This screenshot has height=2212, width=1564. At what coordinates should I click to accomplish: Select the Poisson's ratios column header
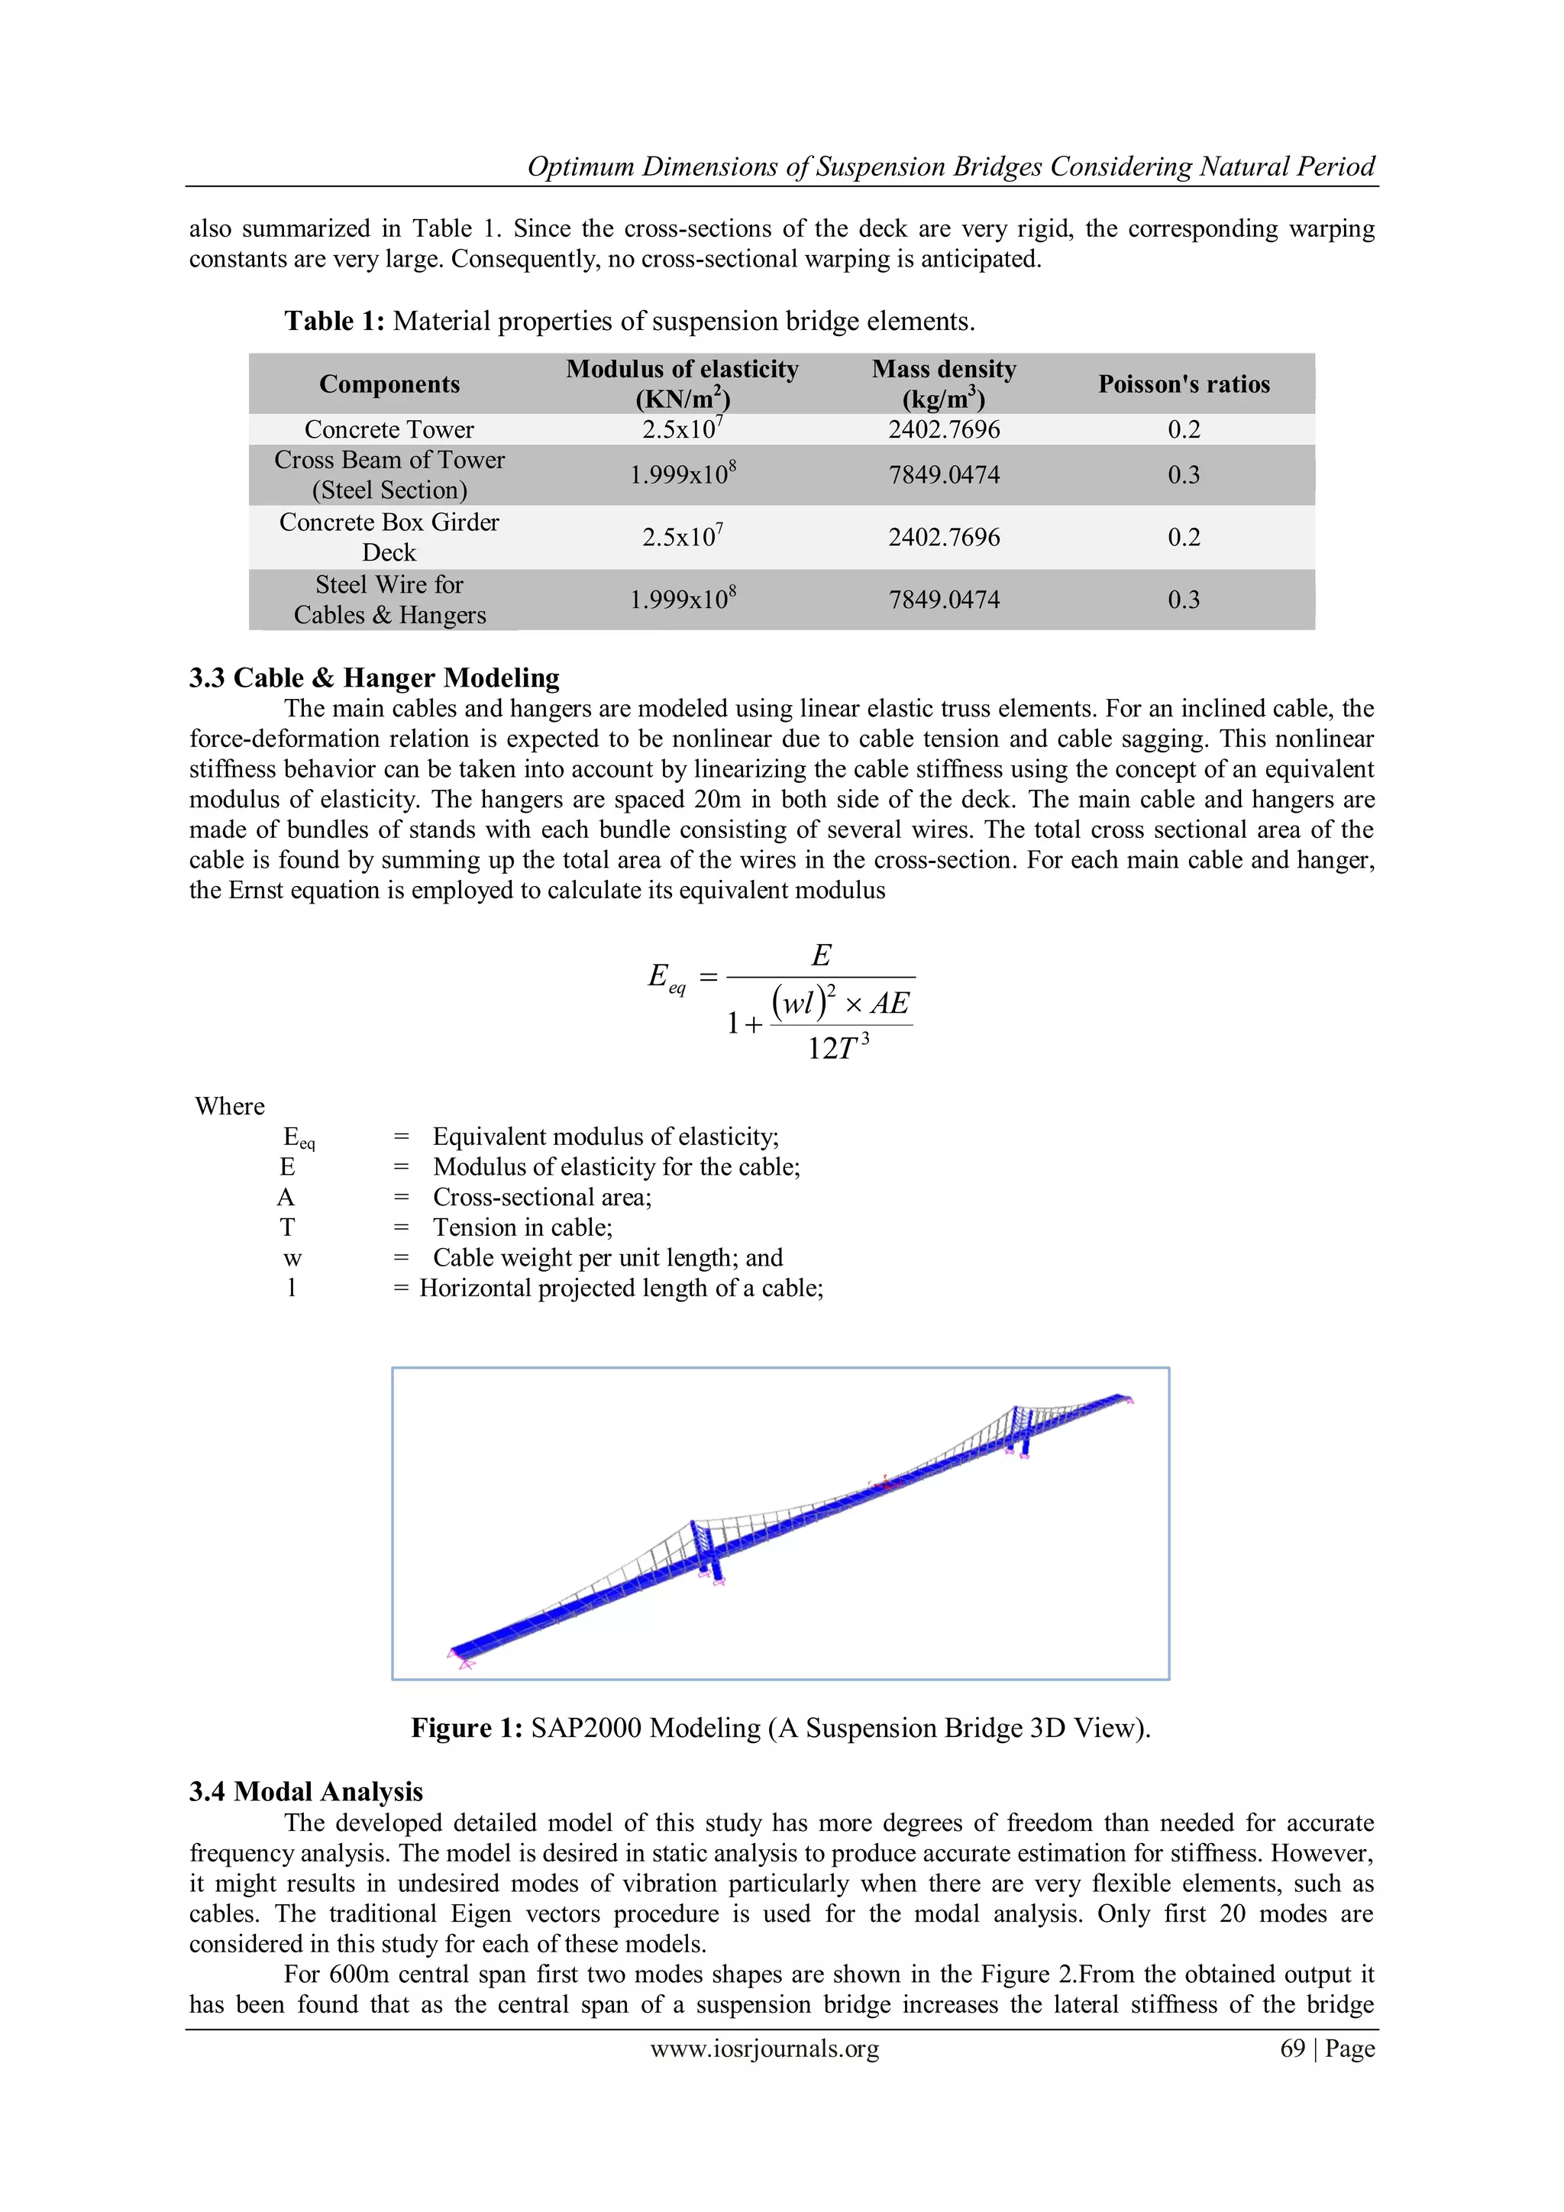(1184, 384)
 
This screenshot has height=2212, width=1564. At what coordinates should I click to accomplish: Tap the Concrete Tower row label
(389, 430)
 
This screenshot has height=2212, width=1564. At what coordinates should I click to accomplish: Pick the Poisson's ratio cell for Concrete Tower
(1184, 430)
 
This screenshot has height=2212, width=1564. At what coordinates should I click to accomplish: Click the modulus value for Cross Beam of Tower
(683, 474)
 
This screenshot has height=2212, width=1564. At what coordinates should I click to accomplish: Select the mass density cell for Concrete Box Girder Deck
(944, 537)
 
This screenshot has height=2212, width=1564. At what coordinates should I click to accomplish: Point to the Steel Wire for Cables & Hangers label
(389, 600)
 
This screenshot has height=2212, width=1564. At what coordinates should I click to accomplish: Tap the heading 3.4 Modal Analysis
(305, 1791)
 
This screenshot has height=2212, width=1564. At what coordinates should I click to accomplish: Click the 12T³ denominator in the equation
(838, 1047)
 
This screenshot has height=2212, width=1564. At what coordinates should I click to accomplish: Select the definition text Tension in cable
(523, 1227)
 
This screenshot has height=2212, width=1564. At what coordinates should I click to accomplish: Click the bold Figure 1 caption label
(466, 1728)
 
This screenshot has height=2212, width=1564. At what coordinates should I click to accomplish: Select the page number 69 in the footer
(1291, 2049)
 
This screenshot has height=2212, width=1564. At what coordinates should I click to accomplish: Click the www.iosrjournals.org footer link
(764, 2049)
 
